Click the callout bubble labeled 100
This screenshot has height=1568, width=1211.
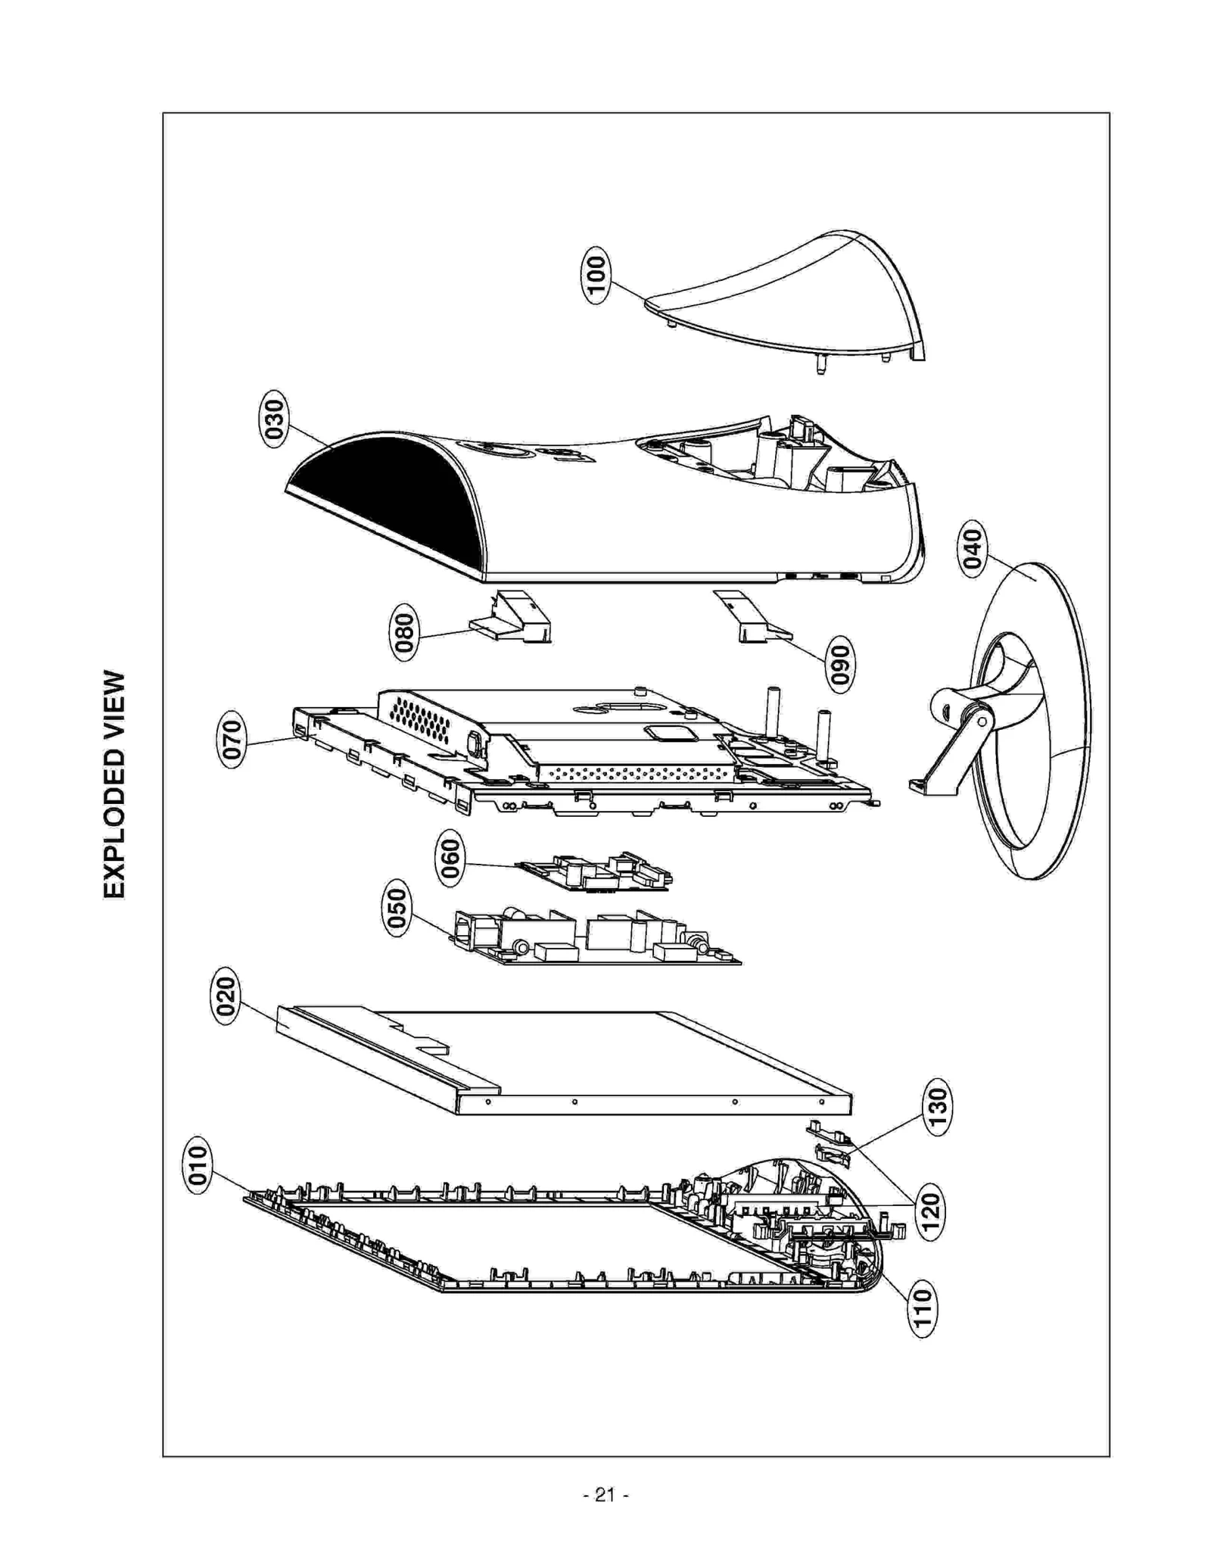coord(596,275)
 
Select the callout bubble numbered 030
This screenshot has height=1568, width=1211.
coord(272,419)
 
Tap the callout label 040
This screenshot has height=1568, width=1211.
coord(973,549)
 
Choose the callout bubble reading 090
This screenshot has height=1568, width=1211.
coord(839,664)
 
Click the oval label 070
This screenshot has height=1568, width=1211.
coord(233,740)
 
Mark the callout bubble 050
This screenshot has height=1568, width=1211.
coord(397,908)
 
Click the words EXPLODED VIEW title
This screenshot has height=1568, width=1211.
coord(114,784)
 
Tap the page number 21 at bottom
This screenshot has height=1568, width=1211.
coord(605,1495)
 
